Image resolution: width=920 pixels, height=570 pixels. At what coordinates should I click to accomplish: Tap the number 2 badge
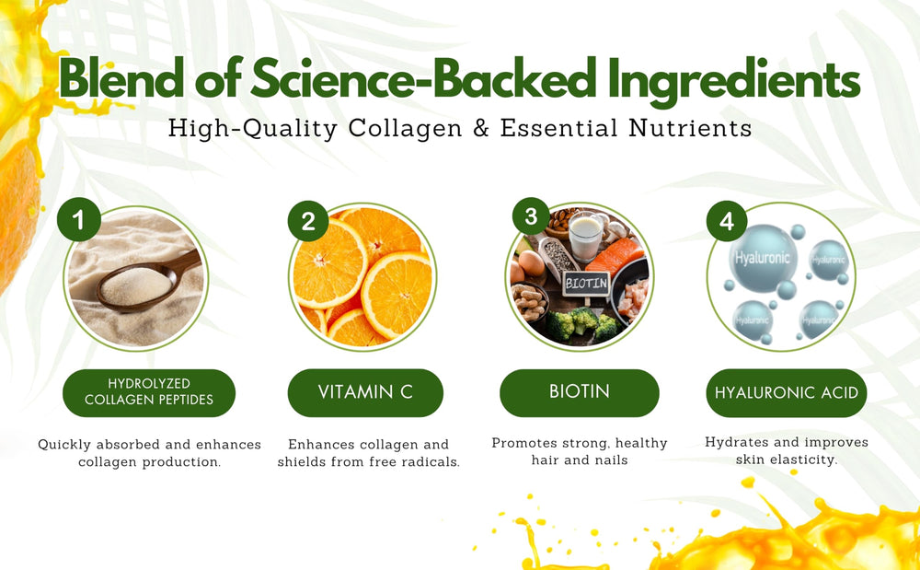[308, 222]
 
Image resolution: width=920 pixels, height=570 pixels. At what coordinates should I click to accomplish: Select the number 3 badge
[531, 217]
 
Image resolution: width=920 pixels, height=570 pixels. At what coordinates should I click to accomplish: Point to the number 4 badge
[727, 222]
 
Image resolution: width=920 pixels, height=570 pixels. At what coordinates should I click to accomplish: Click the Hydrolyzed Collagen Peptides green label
[149, 392]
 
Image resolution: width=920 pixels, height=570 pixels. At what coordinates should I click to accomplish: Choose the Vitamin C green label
[365, 392]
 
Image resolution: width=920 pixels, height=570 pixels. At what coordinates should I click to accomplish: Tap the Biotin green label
[580, 392]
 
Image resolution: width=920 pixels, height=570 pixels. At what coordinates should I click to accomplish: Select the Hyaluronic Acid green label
[787, 393]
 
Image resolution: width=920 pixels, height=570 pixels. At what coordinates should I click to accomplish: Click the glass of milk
[585, 238]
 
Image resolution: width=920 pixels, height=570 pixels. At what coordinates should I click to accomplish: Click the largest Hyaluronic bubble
[762, 260]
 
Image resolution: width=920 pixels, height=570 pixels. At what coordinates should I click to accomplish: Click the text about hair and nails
[580, 451]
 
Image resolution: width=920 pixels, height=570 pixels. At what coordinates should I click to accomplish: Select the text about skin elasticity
[787, 450]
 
